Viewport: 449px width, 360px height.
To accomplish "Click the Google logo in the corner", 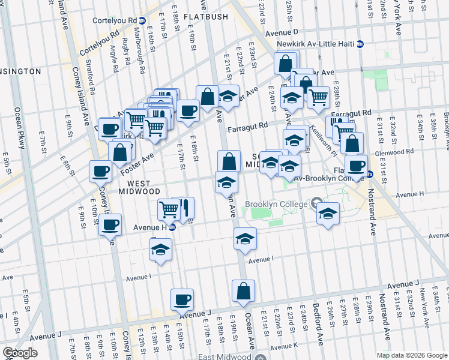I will pyautogui.click(x=20, y=353).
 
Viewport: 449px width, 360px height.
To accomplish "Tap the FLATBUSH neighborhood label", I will pyautogui.click(x=206, y=17).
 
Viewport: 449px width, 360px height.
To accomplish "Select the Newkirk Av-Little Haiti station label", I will pyautogui.click(x=316, y=44).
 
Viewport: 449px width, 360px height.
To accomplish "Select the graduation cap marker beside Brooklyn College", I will pyautogui.click(x=328, y=213).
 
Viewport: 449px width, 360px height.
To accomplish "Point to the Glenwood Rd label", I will pyautogui.click(x=412, y=154).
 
